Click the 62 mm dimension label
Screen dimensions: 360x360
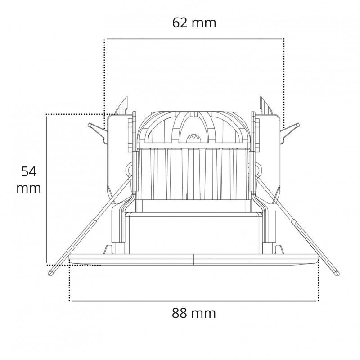pos(194,22)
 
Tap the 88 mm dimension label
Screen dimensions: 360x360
pos(194,313)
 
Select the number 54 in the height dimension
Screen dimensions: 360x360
pos(29,171)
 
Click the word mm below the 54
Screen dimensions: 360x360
pos(29,188)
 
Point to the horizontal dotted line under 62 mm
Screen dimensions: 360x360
pos(194,39)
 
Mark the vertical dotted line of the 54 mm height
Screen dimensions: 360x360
pos(46,189)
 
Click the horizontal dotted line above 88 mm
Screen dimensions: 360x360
pos(194,300)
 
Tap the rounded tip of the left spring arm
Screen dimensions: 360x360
pos(50,273)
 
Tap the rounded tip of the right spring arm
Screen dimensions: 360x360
pos(337,273)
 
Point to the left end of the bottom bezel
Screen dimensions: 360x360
pos(71,260)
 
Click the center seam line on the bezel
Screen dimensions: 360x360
pos(194,260)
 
